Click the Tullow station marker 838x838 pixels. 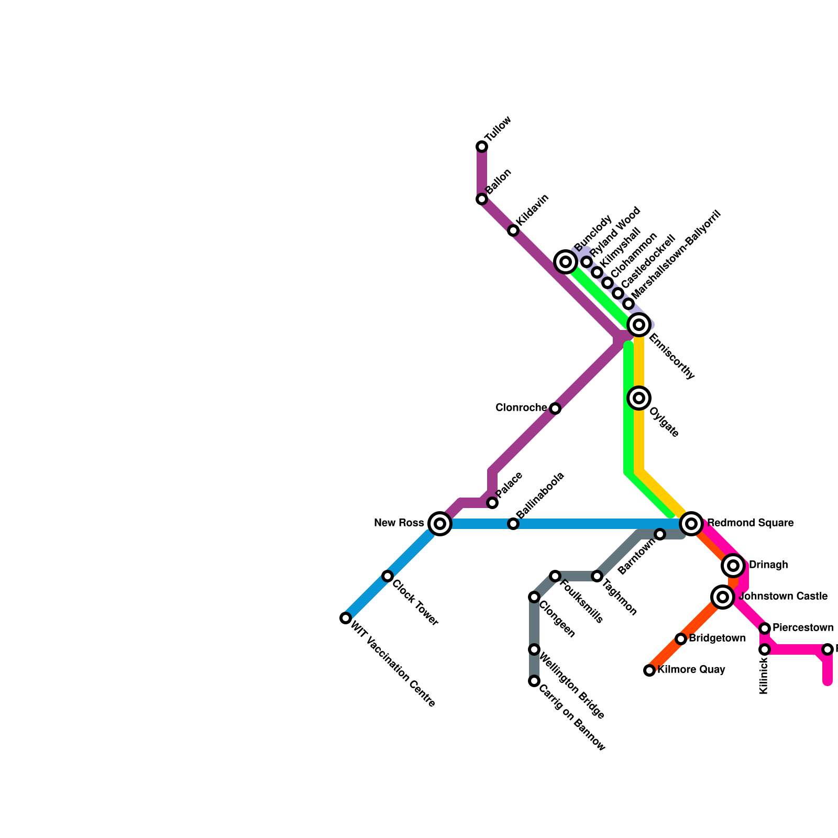point(482,147)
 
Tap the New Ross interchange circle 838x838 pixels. point(440,524)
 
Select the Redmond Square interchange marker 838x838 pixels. point(691,524)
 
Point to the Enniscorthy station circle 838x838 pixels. point(639,325)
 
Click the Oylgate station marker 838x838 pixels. point(639,398)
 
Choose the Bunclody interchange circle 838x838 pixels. point(566,262)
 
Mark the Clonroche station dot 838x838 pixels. point(555,409)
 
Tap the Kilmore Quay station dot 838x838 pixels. point(649,670)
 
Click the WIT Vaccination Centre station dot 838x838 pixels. point(346,618)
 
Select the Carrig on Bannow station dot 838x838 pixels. point(534,681)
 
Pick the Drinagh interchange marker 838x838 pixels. point(733,566)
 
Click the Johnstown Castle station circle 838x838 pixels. point(723,597)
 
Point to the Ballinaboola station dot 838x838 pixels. point(513,524)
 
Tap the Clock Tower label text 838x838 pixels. point(415,603)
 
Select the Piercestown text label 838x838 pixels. point(803,627)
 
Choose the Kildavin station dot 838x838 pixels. point(513,230)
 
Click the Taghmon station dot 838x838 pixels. point(597,576)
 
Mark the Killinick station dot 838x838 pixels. point(765,649)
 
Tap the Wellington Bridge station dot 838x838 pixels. point(534,649)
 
